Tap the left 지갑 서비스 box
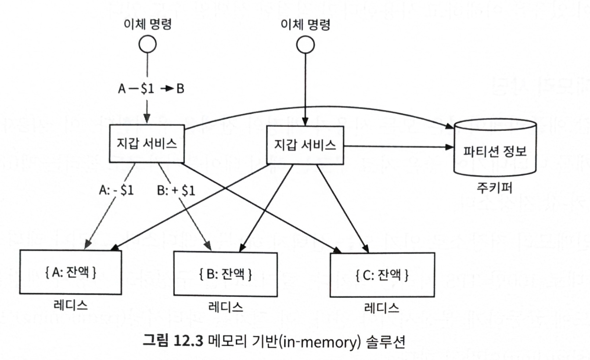(x=147, y=143)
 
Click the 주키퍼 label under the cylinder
(x=494, y=188)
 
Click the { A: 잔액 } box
(x=71, y=272)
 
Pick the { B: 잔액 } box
(x=226, y=275)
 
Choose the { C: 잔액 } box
(x=382, y=275)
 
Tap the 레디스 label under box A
(x=70, y=304)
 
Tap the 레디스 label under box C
(x=382, y=307)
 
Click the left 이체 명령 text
(x=147, y=24)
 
